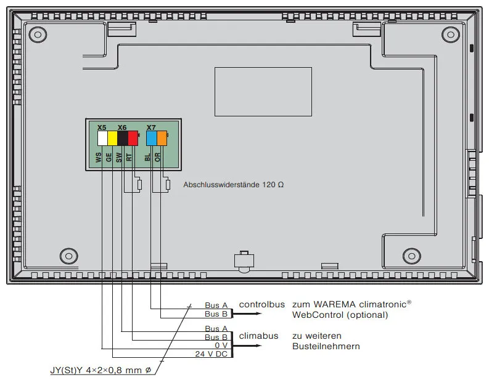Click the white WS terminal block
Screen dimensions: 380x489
102,138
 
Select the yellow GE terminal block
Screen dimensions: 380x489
112,138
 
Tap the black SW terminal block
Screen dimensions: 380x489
123,138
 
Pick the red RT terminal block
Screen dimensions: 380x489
133,138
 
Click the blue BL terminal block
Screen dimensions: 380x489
151,138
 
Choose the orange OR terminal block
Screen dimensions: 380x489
162,138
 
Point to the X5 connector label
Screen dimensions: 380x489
102,127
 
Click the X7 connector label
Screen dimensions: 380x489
151,127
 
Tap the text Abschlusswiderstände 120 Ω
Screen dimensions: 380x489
234,184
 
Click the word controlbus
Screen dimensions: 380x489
258,304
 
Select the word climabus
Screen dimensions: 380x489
255,336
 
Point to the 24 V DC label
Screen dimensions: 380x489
212,355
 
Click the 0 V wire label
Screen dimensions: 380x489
220,346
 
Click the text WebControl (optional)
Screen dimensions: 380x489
340,315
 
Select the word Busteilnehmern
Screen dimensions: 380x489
326,346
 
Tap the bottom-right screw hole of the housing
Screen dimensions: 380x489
410,256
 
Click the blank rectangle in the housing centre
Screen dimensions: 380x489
263,91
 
